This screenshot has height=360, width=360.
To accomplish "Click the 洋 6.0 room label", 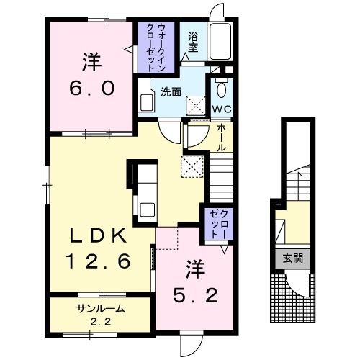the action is tap(92, 74).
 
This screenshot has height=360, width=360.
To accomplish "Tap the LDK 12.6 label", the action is tap(98, 248).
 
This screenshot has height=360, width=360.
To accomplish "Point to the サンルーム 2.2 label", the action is tap(101, 315).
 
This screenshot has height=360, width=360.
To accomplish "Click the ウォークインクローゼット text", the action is tap(156, 48).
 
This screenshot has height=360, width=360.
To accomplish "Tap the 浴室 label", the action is tap(193, 42).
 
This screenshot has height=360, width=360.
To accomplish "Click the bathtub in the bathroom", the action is tap(220, 41).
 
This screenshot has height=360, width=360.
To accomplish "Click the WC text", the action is tap(222, 109).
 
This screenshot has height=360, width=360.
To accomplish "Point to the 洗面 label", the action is tap(171, 92).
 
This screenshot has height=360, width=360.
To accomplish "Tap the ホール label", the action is tap(222, 138).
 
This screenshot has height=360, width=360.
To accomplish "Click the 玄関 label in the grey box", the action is tap(293, 258).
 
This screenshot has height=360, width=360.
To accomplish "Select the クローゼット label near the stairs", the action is tap(219, 224).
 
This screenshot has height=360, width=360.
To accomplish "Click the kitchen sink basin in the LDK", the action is tap(148, 210).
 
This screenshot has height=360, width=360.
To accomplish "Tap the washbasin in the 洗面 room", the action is tap(146, 103).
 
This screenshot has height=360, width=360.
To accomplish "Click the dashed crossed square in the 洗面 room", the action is tap(196, 106).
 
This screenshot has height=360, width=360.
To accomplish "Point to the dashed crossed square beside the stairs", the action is tap(192, 166).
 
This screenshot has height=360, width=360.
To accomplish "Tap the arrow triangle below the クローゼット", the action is tap(225, 249).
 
